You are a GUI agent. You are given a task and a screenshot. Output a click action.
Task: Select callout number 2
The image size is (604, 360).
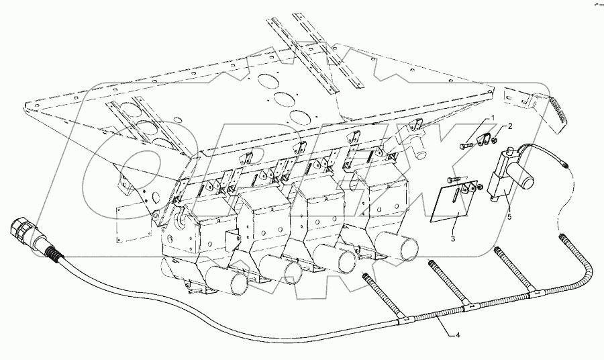click(x=529, y=126)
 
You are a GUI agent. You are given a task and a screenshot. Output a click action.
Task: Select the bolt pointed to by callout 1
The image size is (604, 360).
click(x=468, y=144)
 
